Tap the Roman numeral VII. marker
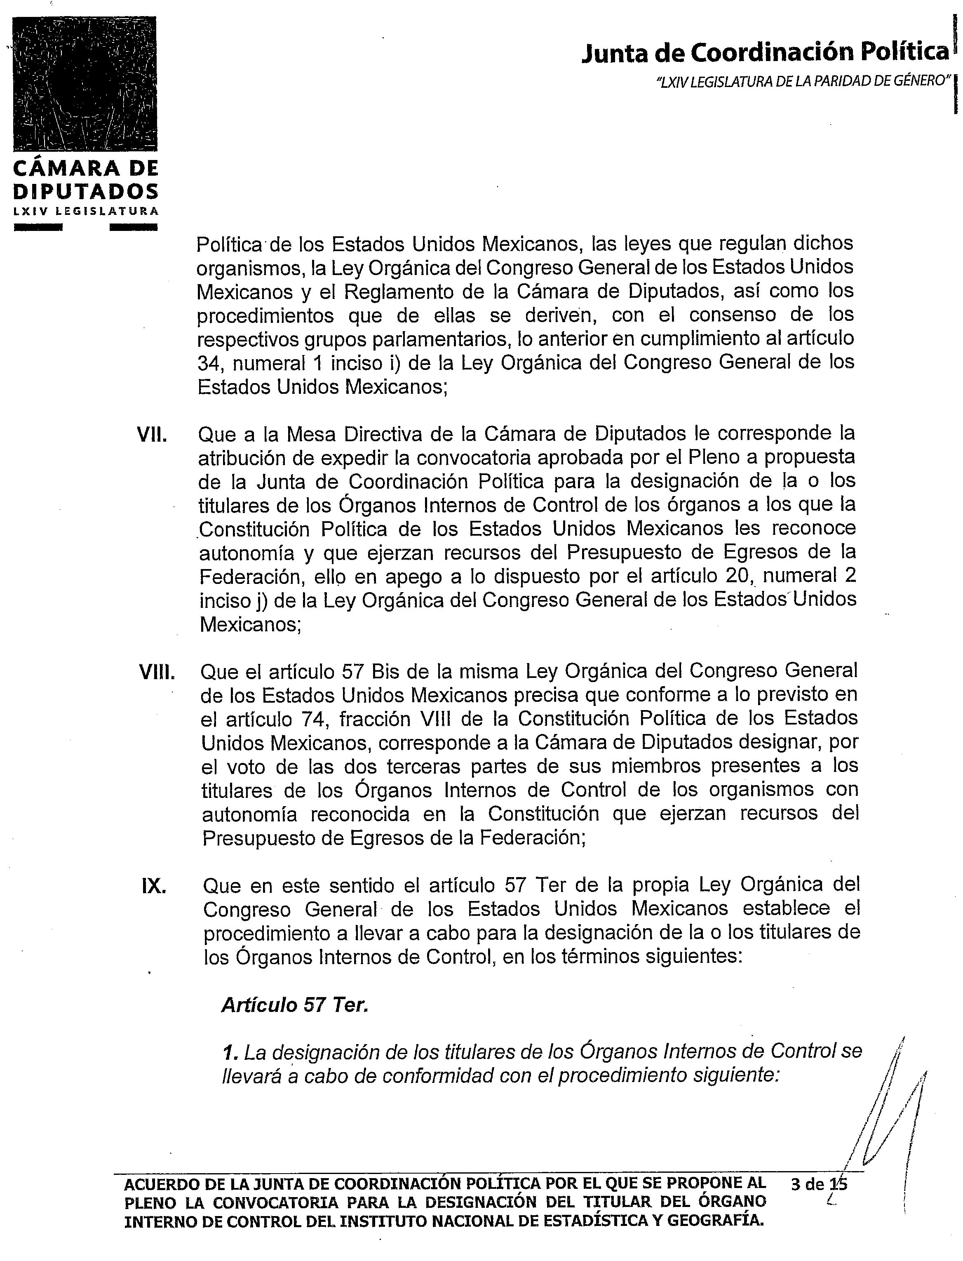click(x=152, y=435)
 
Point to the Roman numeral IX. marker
click(x=154, y=886)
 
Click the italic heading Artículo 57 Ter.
click(x=294, y=1005)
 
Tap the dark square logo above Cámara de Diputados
click(x=85, y=84)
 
